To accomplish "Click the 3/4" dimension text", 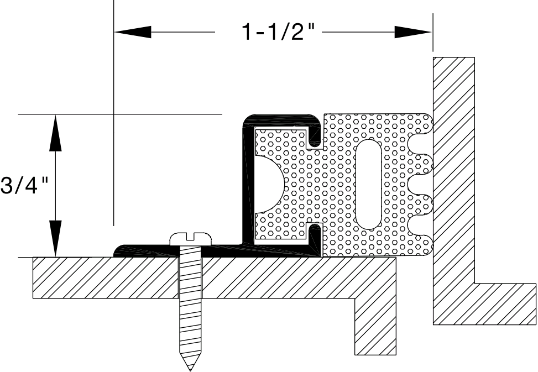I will (25, 186).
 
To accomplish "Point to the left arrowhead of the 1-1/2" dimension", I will (133, 33).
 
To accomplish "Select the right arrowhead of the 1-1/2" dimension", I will (412, 33).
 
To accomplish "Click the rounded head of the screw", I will (191, 238).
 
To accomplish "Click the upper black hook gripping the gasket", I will (315, 135).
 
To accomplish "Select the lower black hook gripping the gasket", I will (315, 235).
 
